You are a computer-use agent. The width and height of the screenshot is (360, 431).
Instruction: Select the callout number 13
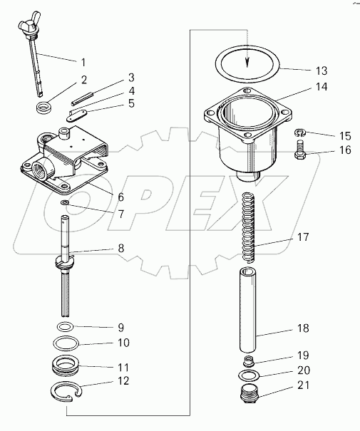[x=322, y=71]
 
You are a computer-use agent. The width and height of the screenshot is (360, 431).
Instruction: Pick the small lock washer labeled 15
[x=300, y=133]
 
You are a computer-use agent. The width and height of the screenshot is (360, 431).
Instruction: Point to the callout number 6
[x=120, y=197]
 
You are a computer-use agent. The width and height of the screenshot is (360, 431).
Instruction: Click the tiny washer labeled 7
[x=65, y=202]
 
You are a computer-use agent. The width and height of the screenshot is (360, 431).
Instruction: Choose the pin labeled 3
[x=83, y=99]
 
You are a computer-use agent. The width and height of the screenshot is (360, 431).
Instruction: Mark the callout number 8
[x=120, y=249]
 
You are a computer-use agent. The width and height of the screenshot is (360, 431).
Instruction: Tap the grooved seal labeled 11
[x=66, y=366]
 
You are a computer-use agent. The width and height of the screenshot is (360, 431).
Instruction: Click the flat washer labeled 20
[x=239, y=375]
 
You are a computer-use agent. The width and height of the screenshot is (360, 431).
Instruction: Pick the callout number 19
[x=303, y=355]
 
